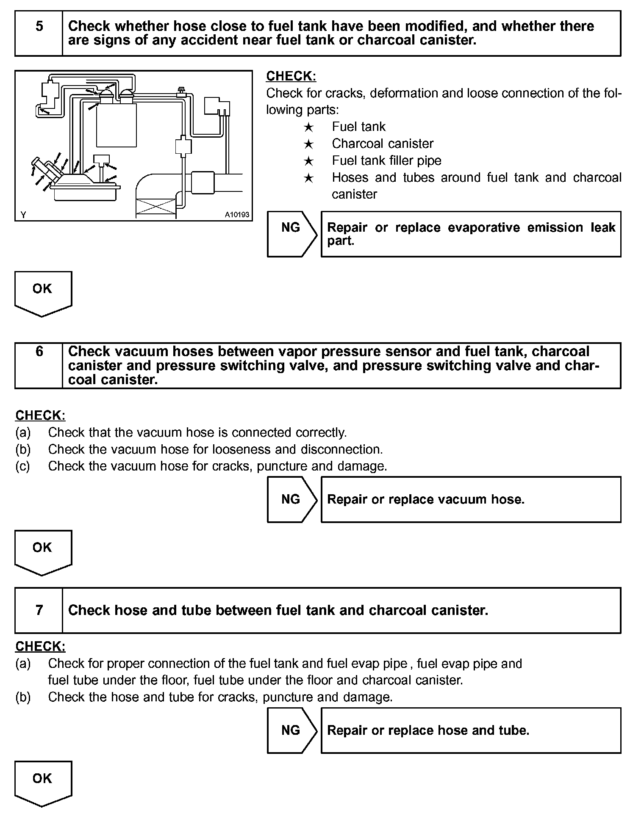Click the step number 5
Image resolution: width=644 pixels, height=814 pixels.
39,27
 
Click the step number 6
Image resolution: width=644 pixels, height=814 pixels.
39,351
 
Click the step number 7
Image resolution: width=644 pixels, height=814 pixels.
39,610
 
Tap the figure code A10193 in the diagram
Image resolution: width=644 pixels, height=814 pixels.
237,215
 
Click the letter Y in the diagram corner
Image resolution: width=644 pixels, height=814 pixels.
23,215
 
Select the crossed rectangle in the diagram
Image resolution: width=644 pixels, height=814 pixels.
155,208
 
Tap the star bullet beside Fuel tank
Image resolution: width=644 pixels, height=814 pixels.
308,127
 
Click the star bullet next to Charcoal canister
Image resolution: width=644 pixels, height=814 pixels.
308,144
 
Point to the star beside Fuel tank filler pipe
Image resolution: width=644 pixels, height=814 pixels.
308,161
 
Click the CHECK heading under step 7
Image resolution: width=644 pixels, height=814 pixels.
40,646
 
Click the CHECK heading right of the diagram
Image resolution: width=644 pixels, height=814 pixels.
291,76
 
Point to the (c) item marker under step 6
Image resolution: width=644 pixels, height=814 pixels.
23,466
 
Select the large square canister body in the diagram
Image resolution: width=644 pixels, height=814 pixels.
116,125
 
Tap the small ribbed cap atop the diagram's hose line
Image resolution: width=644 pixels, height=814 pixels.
181,90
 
